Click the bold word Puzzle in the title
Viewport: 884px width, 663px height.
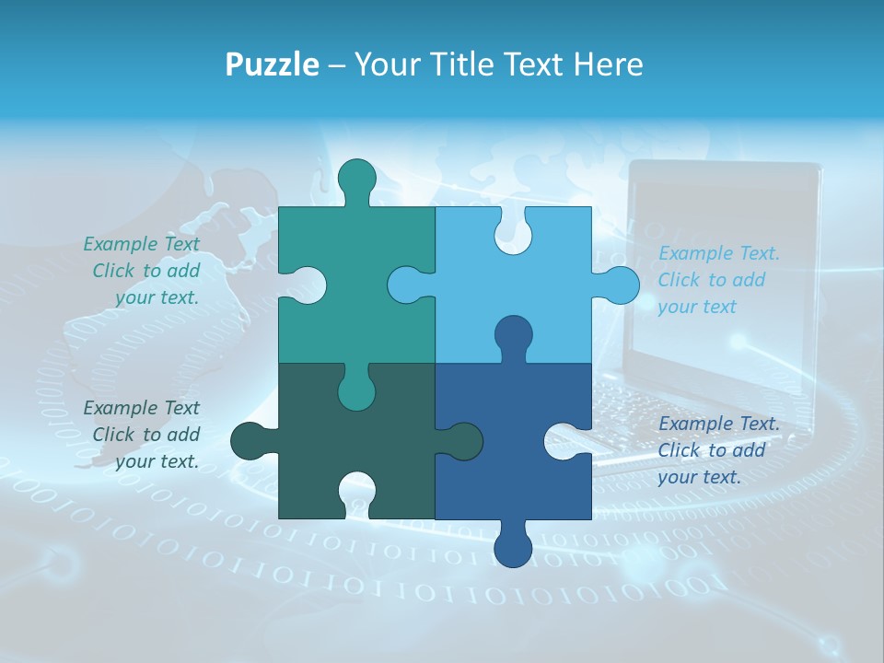tap(272, 64)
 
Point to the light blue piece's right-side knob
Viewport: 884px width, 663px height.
tap(619, 285)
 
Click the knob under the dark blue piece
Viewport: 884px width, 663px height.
tap(513, 548)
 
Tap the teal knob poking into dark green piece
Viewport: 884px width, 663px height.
tap(356, 392)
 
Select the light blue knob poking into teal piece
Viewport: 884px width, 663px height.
tap(406, 285)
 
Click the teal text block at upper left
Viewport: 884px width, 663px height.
tap(143, 271)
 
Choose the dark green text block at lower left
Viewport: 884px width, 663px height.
tap(143, 435)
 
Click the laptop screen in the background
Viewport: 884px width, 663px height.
tap(718, 267)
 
